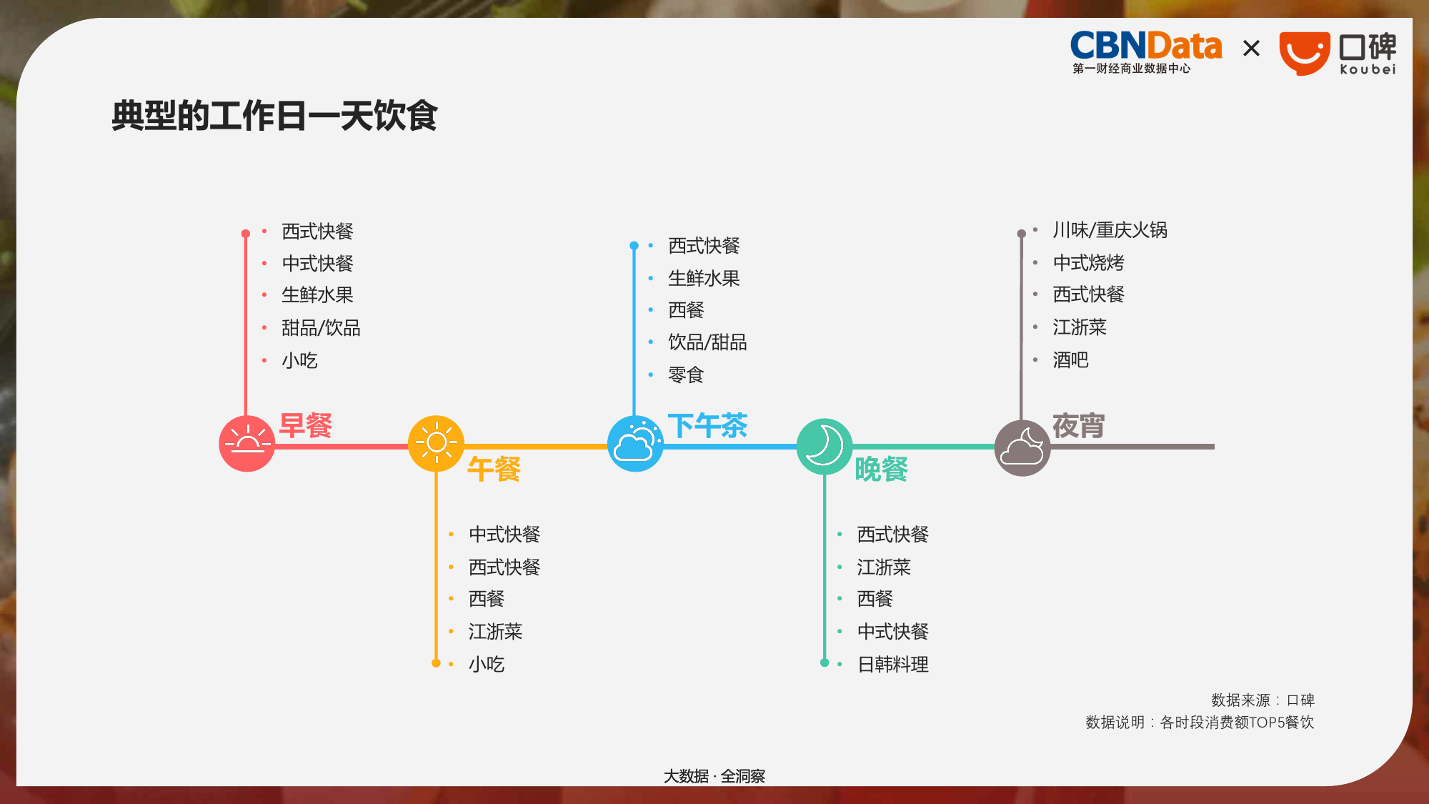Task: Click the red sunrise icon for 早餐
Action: point(247,444)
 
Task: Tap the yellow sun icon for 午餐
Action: point(436,444)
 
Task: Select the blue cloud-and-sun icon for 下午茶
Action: point(635,444)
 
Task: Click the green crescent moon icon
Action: point(825,447)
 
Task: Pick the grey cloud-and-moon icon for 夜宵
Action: point(1022,448)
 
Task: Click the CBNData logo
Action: point(1146,52)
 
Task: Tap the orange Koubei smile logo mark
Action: point(1304,53)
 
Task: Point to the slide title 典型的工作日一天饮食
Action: point(274,116)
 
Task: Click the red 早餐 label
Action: point(306,426)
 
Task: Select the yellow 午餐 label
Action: point(494,470)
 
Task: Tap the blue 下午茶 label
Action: point(708,426)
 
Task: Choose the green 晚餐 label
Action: point(882,470)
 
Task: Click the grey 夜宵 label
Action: point(1079,426)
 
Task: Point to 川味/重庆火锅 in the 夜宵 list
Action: point(1110,230)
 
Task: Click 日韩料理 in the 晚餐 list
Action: point(893,665)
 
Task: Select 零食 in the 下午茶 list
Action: point(686,374)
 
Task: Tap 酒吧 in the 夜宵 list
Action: point(1070,360)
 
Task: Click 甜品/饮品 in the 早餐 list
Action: point(321,328)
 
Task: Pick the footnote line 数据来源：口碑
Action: point(1263,700)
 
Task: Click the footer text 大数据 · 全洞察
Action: point(714,776)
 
